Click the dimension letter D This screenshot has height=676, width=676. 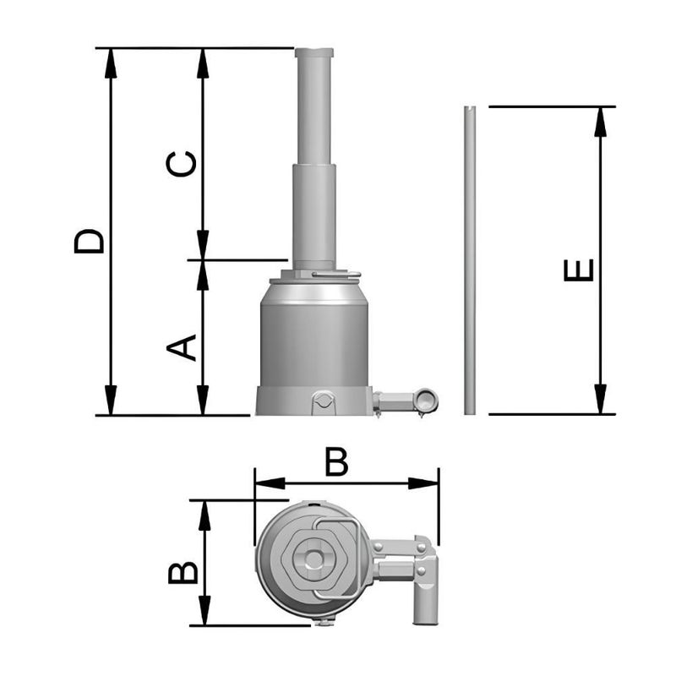tap(90, 240)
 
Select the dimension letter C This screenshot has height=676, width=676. tap(181, 164)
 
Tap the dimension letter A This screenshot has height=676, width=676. tap(181, 347)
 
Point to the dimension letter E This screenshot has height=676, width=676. tap(579, 270)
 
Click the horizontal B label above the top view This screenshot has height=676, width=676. tap(336, 462)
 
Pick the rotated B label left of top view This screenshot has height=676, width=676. tap(183, 572)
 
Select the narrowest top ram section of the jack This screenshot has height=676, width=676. tap(314, 106)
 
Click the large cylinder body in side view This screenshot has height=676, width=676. tap(314, 338)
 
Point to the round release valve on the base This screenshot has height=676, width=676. tap(322, 401)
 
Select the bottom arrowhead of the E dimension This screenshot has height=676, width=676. tap(601, 399)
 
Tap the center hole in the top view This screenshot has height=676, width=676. tap(314, 560)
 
